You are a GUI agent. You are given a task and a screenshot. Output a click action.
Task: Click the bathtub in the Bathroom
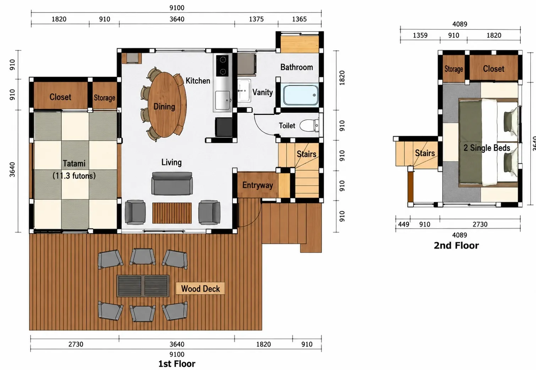click(x=301, y=95)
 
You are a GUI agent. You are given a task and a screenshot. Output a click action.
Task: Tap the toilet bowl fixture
click(x=309, y=125)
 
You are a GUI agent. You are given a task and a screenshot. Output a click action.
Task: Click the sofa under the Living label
click(x=172, y=183)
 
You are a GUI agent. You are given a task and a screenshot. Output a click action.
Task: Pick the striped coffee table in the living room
click(x=172, y=213)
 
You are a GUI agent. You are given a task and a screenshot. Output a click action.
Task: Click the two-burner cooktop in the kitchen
click(x=223, y=65)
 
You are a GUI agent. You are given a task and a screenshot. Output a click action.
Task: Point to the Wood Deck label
click(x=200, y=289)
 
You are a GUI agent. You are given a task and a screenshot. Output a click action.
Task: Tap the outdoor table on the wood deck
click(x=143, y=286)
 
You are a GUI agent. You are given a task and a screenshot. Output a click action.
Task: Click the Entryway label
click(x=258, y=185)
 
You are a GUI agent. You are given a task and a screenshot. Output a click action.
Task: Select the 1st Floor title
click(x=177, y=364)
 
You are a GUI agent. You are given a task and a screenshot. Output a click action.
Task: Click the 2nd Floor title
click(x=456, y=245)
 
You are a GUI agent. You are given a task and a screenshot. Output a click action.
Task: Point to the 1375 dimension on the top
click(x=256, y=19)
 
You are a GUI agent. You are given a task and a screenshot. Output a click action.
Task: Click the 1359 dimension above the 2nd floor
click(x=420, y=35)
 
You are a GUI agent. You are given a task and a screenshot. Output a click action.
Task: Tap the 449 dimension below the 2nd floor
click(x=404, y=224)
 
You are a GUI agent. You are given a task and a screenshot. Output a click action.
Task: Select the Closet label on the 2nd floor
click(x=493, y=69)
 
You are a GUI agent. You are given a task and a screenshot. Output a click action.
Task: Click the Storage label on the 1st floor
click(x=104, y=97)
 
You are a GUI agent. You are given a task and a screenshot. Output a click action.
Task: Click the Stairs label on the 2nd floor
click(x=425, y=153)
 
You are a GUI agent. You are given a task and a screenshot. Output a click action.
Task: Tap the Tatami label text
click(x=74, y=163)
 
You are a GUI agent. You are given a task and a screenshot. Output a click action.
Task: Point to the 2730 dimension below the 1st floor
click(x=76, y=344)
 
